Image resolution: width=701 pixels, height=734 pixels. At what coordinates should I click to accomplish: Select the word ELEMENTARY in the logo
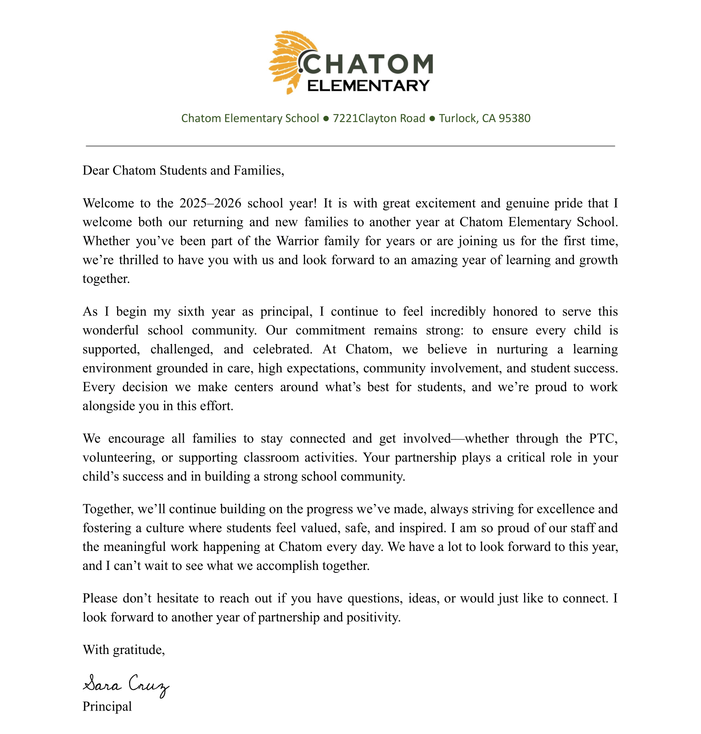point(369,86)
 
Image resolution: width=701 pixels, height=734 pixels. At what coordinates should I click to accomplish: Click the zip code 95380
point(515,118)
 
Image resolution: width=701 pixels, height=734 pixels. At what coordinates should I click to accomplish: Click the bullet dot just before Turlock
point(432,119)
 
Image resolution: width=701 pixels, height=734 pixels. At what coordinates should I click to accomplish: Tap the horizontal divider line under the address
point(350,146)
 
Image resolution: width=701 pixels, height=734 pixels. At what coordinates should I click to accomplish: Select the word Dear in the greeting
point(96,170)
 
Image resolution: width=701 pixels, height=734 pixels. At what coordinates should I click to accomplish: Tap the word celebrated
point(282,349)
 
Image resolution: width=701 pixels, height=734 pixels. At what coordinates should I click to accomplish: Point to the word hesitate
point(179,598)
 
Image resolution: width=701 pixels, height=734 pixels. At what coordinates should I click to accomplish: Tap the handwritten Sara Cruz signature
point(126,685)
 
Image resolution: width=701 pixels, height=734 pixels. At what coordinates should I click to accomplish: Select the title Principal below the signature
point(107,706)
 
